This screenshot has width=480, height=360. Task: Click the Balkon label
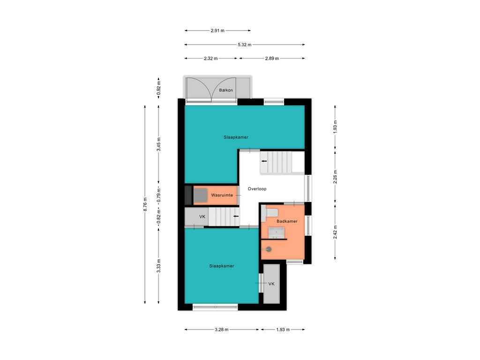(226, 90)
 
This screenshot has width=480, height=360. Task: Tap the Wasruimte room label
(222, 195)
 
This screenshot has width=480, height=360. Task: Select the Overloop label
(257, 189)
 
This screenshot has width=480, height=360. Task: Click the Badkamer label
(287, 221)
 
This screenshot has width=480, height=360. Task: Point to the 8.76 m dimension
(145, 204)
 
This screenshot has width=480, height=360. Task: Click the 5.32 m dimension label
(245, 45)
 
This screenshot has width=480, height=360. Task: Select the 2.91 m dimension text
(217, 30)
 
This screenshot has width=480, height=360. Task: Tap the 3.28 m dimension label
(222, 330)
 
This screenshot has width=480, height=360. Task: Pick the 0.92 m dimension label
(158, 87)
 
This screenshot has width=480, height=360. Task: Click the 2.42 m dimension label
(335, 232)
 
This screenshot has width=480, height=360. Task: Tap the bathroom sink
(277, 232)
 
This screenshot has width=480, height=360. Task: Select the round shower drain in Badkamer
(269, 249)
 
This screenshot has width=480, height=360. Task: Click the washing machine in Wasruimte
(200, 195)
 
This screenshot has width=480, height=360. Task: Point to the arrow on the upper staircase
(263, 161)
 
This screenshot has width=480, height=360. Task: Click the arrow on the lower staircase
(236, 216)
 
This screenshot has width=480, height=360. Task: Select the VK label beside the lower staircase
(202, 217)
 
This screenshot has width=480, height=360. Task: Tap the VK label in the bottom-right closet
(271, 284)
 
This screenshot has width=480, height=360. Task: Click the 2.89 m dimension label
(272, 59)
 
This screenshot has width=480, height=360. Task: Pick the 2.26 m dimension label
(335, 177)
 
